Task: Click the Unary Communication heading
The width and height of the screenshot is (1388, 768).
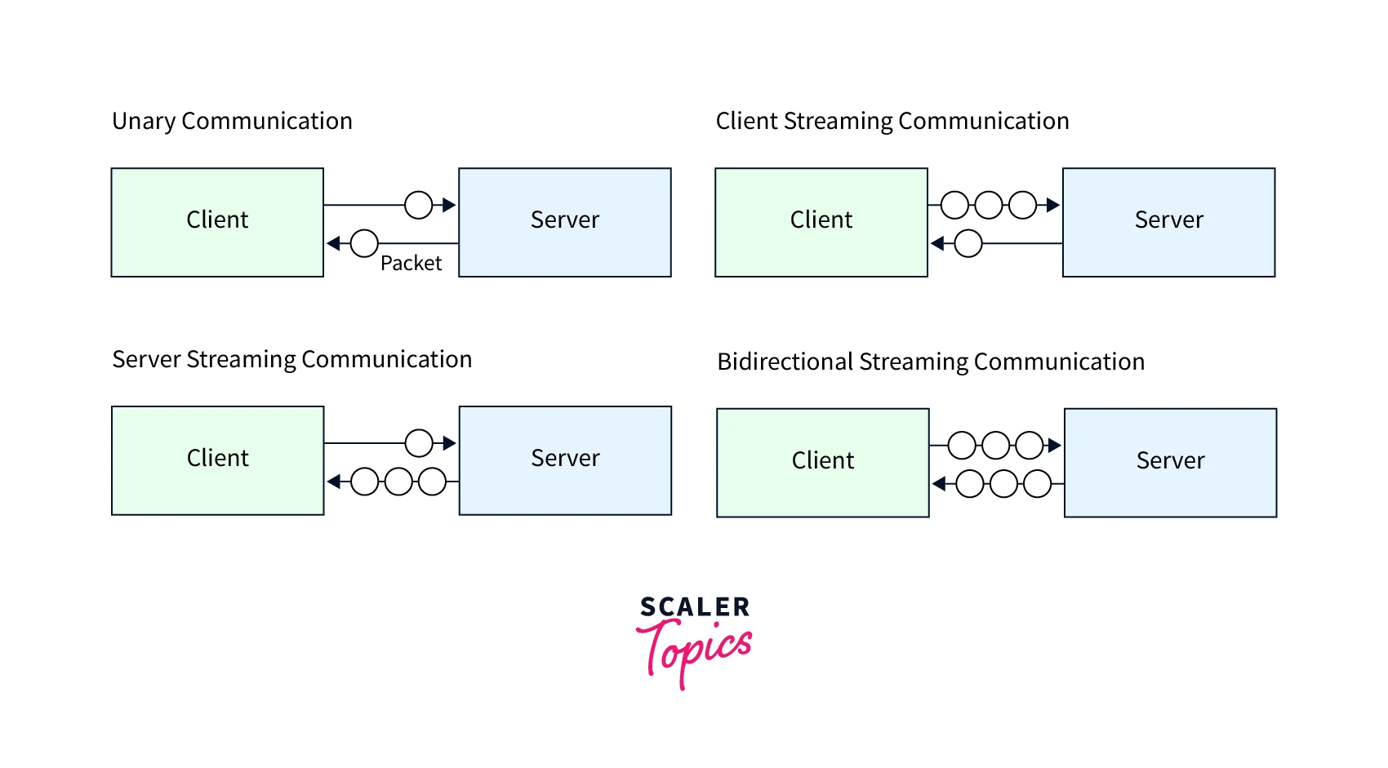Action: click(232, 122)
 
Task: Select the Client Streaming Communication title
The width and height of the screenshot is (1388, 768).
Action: click(892, 122)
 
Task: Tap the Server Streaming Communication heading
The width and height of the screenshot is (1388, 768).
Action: click(292, 360)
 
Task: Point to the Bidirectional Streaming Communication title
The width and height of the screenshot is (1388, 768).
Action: click(931, 362)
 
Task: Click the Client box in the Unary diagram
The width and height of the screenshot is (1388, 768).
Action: click(217, 222)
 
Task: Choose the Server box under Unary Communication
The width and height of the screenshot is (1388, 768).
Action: click(565, 222)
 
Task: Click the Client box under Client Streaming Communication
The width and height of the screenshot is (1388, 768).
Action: click(821, 222)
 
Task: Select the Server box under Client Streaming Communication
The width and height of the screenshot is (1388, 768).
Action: click(1168, 222)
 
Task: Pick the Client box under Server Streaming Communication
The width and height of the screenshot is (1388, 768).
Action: click(218, 460)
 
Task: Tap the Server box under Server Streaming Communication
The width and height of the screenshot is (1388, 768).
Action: click(565, 460)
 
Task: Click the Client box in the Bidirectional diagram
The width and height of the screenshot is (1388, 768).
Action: click(823, 463)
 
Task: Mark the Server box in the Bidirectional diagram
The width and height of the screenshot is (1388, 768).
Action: click(1170, 463)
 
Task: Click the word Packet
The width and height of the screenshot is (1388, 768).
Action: click(411, 264)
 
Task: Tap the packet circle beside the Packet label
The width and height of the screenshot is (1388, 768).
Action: click(364, 243)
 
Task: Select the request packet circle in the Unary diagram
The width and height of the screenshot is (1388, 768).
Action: click(419, 205)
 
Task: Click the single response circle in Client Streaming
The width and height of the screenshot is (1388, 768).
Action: click(968, 243)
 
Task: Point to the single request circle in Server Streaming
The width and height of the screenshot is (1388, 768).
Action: click(419, 443)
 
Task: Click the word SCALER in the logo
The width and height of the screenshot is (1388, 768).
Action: click(695, 607)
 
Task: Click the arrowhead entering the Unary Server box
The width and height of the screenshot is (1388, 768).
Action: click(449, 205)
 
